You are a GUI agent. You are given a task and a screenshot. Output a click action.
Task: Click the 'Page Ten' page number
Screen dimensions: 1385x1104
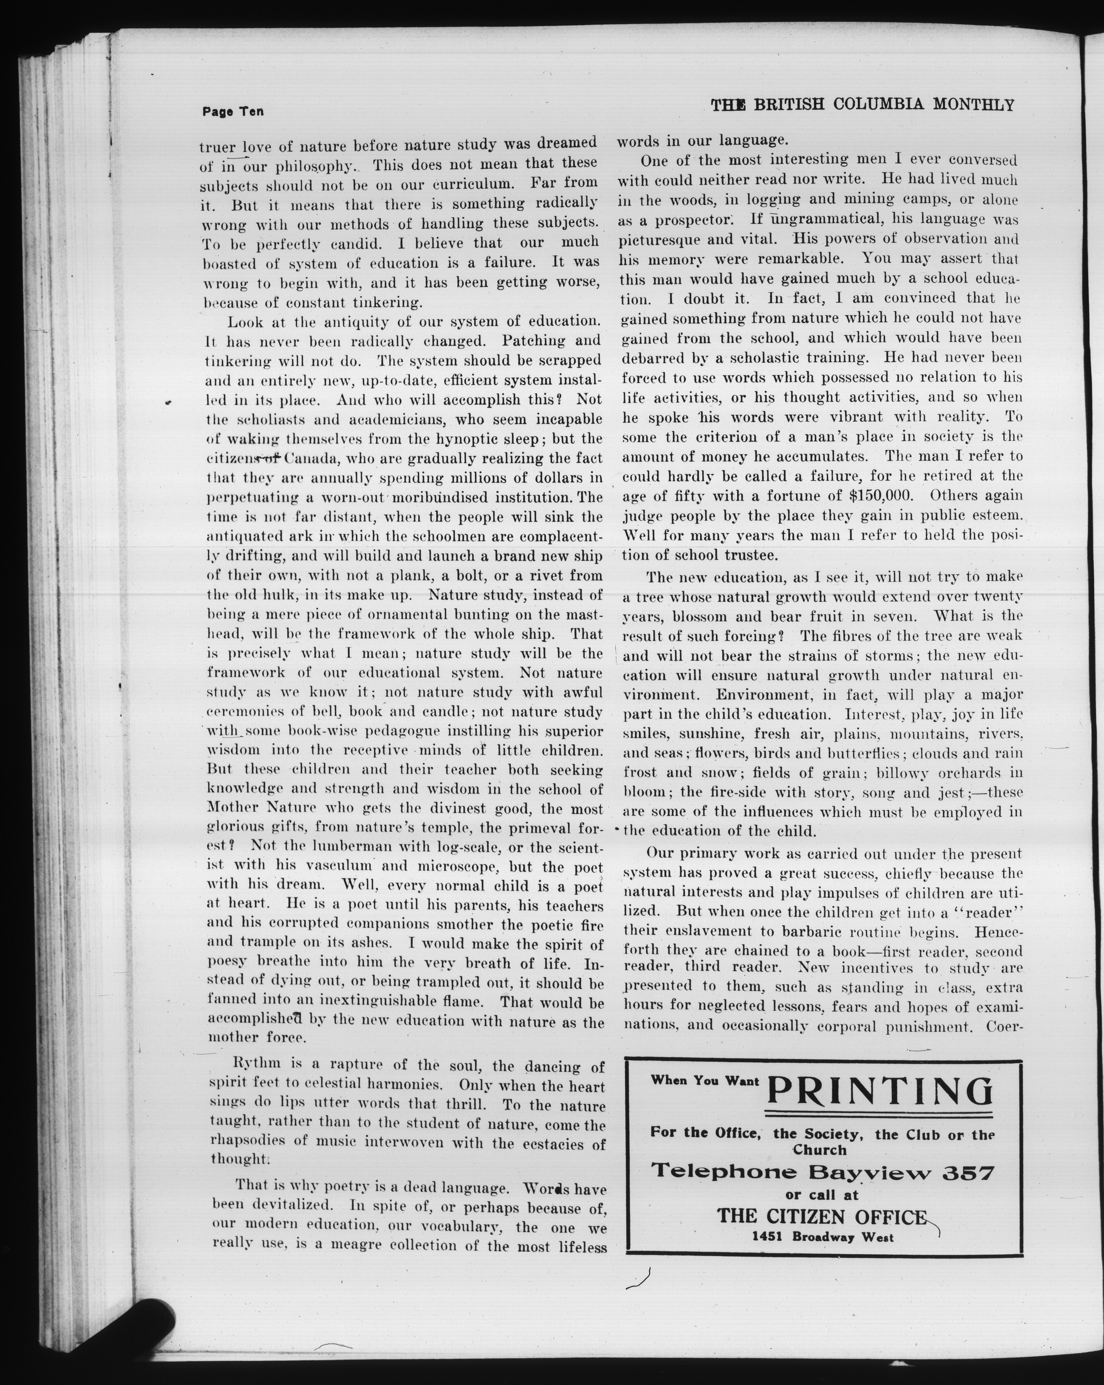[x=233, y=111]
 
